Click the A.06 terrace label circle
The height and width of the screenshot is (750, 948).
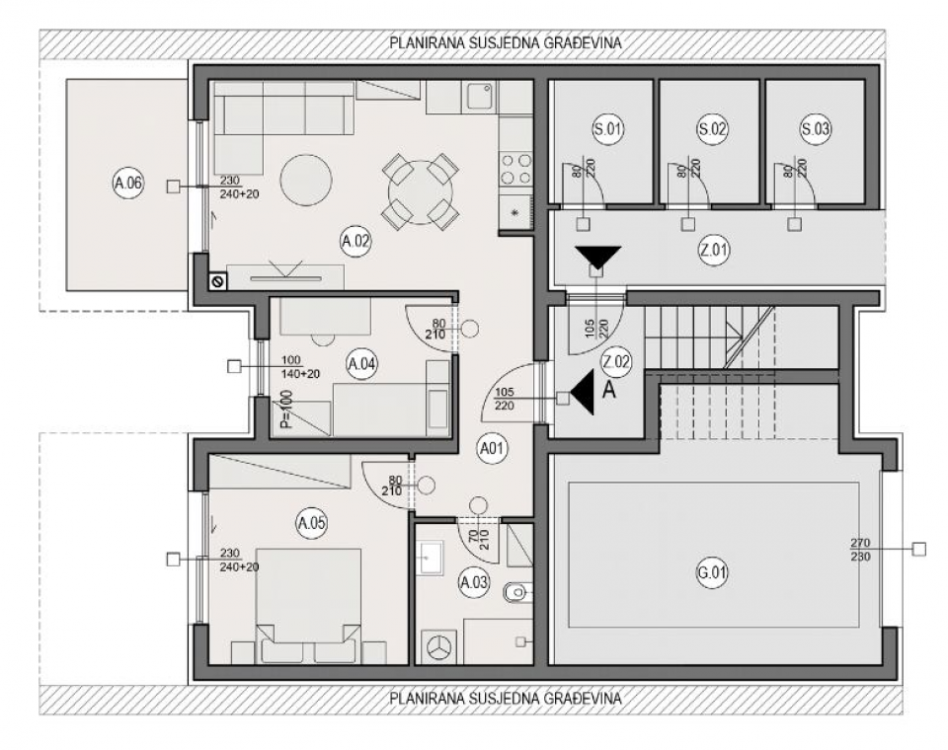128,183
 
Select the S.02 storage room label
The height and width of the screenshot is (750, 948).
712,129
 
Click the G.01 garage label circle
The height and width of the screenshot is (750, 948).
712,571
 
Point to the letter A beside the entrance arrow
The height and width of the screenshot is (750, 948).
609,390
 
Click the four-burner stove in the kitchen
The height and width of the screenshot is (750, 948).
516,169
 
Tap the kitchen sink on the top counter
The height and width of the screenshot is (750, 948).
481,96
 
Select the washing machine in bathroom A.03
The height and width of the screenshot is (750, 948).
440,648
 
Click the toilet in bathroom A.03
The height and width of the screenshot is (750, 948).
516,593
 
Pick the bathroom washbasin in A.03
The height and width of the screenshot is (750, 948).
430,558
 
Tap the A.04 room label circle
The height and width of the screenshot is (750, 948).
361,364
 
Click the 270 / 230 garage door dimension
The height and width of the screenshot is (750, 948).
860,550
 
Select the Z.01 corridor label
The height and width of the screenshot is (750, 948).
714,250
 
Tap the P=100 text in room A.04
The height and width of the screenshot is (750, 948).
287,410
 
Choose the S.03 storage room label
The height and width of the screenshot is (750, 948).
815,129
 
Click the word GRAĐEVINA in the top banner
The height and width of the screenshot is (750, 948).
583,42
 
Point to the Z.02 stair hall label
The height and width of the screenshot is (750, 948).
616,362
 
